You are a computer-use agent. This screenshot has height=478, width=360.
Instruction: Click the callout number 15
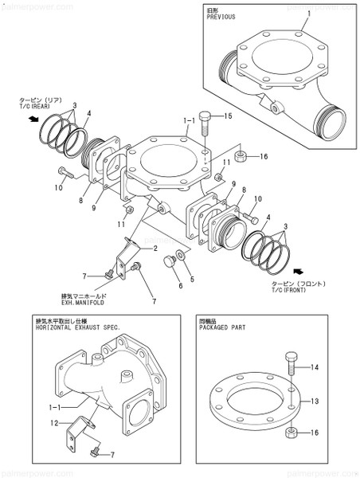(x=228, y=117)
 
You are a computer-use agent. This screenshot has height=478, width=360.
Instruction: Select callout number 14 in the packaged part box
(x=315, y=367)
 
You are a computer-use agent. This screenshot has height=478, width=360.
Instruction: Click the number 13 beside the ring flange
(x=315, y=402)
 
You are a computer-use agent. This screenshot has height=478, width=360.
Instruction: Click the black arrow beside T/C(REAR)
(x=31, y=119)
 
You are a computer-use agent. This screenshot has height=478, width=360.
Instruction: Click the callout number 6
(x=181, y=284)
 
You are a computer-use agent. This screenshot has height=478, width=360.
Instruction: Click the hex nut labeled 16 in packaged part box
(x=291, y=433)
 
